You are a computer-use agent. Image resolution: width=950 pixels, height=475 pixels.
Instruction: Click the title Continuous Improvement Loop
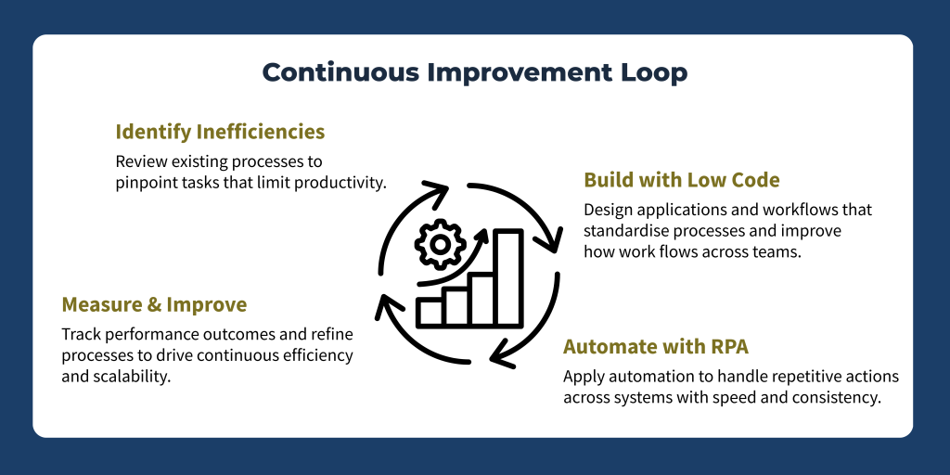point(475,72)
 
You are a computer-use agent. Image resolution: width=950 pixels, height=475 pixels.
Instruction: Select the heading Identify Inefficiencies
point(221,132)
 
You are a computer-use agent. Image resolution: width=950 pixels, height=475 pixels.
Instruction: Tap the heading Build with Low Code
point(682,181)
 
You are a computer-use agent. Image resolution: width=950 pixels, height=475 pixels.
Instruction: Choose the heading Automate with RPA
point(656,347)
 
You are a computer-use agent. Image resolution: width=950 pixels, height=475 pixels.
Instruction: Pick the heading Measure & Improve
point(155,304)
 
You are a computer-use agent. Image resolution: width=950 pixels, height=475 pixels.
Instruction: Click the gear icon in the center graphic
point(441,244)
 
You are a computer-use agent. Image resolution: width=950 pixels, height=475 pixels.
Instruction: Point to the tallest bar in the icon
point(508,277)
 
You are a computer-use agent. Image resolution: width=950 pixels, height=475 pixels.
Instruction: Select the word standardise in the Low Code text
point(625,232)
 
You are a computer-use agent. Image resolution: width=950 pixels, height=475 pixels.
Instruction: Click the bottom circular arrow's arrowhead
point(504,353)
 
